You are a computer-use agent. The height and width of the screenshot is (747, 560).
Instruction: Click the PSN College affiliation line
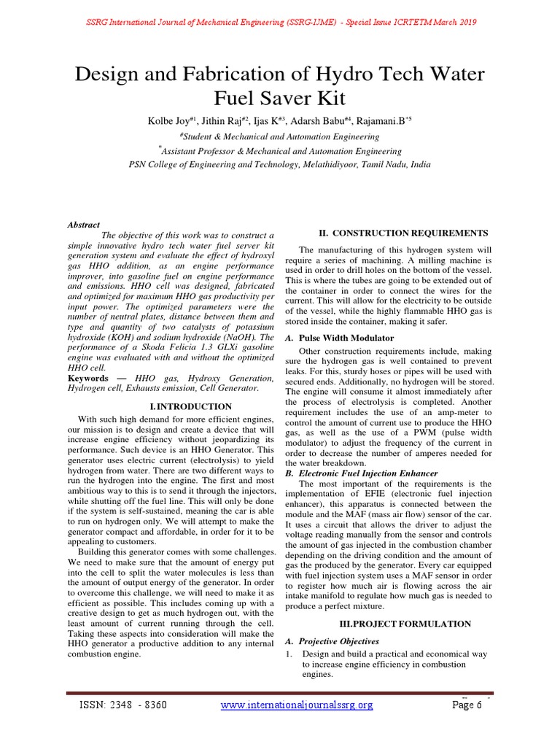(279, 164)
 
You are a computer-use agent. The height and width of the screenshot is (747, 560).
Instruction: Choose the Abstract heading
(84, 225)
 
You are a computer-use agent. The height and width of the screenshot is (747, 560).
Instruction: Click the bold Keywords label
(87, 379)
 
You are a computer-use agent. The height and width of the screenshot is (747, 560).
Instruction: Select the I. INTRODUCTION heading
(190, 406)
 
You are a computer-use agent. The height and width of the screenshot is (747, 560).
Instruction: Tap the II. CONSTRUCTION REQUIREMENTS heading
(404, 233)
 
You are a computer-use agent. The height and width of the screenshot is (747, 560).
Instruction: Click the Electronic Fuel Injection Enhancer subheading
(368, 473)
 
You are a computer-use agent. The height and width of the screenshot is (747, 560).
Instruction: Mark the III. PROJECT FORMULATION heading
(405, 624)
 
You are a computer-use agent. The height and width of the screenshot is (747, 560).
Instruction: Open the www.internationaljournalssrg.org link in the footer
(297, 705)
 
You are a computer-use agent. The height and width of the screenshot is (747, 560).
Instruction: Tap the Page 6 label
(467, 705)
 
